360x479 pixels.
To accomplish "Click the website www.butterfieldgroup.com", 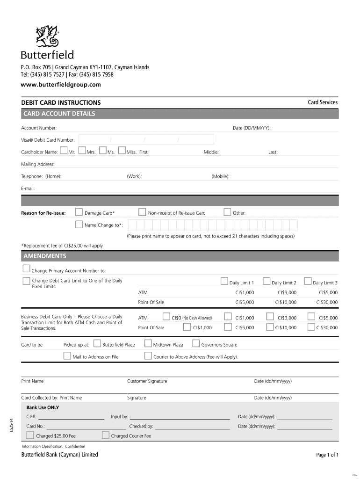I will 61,85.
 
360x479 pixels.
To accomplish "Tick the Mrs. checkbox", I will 82,151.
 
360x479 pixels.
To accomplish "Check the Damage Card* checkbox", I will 79,212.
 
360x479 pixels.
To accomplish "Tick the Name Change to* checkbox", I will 79,225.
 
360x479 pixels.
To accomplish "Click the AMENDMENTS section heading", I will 45,256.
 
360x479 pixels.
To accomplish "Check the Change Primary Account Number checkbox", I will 26,269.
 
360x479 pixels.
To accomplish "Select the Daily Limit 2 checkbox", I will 266,281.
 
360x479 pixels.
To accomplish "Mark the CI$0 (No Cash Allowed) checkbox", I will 166,317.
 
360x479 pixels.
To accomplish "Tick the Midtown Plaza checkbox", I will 148,344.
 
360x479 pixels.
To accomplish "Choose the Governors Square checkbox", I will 196,344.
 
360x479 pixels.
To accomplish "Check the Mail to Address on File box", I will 67,356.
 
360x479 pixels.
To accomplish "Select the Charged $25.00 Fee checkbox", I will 30,435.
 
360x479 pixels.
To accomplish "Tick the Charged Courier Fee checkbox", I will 106,435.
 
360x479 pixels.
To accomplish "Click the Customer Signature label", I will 147,381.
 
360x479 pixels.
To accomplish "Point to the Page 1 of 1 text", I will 327,455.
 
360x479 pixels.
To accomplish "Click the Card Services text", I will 322,102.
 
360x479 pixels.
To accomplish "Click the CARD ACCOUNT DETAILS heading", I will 59,114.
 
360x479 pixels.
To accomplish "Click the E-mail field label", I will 28,189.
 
